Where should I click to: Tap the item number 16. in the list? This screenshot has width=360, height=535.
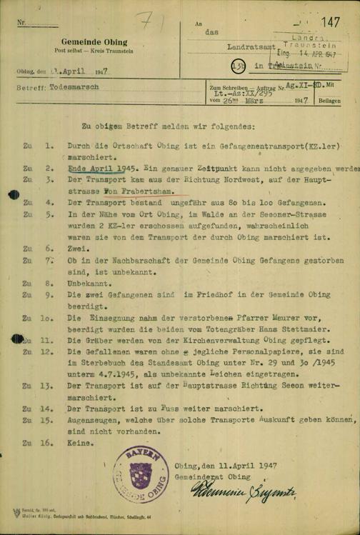[49, 443]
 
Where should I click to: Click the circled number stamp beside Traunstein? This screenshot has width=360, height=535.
[242, 65]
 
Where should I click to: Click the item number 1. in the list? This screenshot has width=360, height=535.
[49, 145]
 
